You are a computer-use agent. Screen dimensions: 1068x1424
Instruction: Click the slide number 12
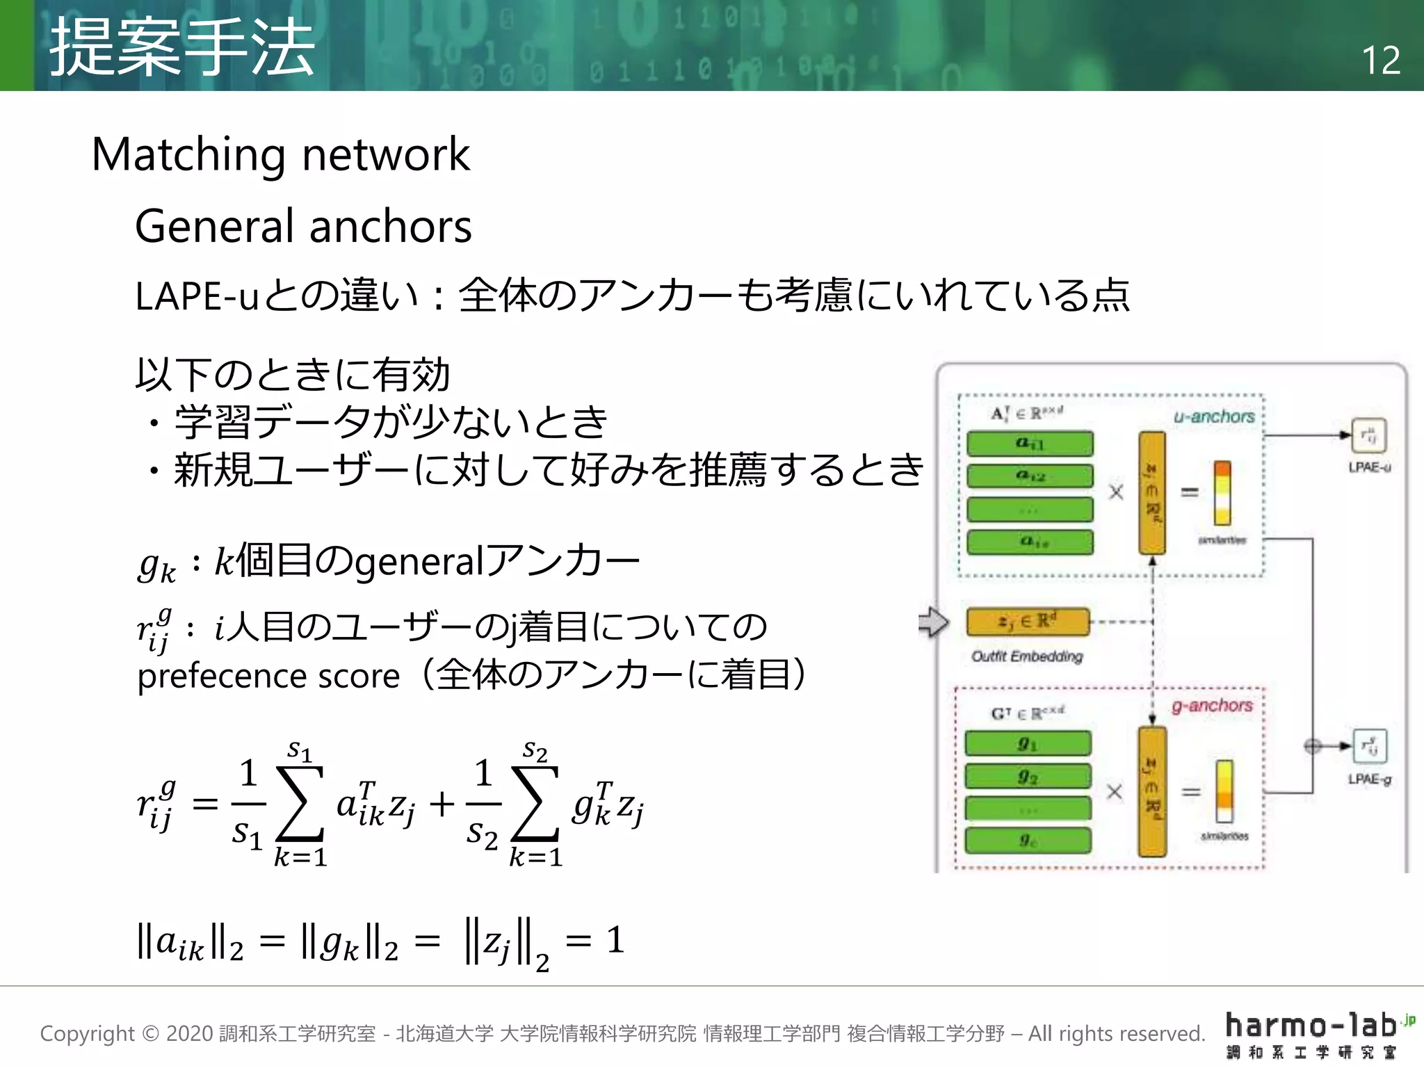coord(1380,60)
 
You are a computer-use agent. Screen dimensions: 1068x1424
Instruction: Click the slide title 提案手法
coord(182,47)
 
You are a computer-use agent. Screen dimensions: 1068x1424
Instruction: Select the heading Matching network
coord(281,154)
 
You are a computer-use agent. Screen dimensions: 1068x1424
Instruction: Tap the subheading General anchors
coord(303,227)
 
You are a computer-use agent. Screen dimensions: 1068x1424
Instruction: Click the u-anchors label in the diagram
coord(1214,416)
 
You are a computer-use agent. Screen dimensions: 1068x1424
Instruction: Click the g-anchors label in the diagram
coord(1211,706)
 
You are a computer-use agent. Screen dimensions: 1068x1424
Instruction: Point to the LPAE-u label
coord(1369,467)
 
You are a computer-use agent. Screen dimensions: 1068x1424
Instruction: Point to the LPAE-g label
coord(1369,779)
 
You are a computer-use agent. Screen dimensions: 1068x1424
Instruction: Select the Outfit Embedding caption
coord(1027,656)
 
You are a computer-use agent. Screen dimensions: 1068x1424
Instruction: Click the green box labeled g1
coord(1028,744)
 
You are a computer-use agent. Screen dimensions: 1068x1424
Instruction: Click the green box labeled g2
coord(1028,777)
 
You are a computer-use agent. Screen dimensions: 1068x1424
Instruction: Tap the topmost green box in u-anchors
coord(1030,443)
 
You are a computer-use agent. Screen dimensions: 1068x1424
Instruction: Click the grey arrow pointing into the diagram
coord(933,622)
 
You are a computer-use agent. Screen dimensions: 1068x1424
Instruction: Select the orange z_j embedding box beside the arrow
coord(1028,622)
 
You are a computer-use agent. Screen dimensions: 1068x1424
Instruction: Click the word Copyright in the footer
coord(87,1034)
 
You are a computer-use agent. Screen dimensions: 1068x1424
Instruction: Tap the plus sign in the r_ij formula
coord(442,804)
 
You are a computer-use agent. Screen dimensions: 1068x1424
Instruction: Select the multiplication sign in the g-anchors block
coord(1115,792)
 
